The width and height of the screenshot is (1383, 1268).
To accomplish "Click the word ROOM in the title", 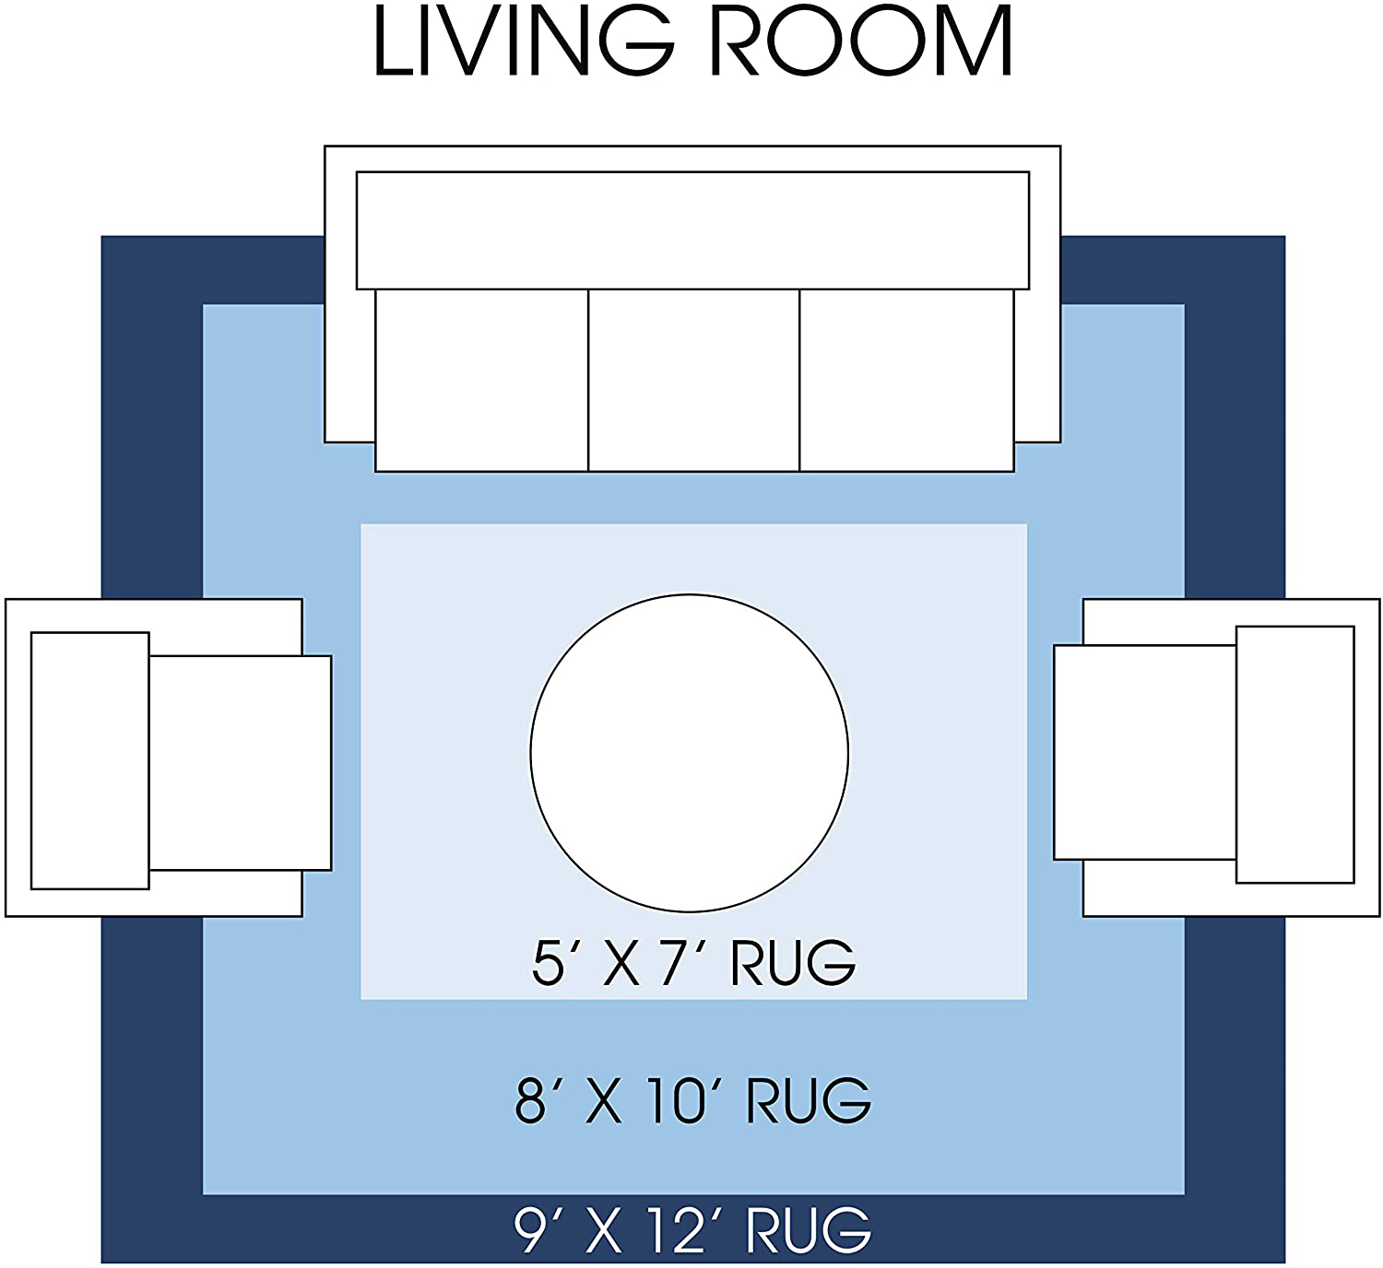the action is pyautogui.click(x=861, y=41).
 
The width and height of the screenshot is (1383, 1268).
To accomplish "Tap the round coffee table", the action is pyautogui.click(x=690, y=753).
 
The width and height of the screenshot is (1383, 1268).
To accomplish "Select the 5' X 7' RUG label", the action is pyautogui.click(x=693, y=963).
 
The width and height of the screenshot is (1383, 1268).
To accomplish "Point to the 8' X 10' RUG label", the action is pyautogui.click(x=692, y=1100).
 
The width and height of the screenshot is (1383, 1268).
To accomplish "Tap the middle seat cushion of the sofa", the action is pyautogui.click(x=693, y=381).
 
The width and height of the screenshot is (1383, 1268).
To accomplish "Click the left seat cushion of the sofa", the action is pyautogui.click(x=481, y=381).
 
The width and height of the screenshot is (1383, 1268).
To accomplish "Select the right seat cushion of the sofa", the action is pyautogui.click(x=906, y=381).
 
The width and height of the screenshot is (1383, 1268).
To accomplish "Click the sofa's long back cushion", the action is pyautogui.click(x=692, y=230).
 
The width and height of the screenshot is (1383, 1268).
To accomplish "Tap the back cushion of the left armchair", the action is pyautogui.click(x=90, y=761).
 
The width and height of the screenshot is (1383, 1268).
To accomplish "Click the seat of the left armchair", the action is pyautogui.click(x=240, y=763).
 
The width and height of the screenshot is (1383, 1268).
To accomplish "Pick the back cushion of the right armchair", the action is pyautogui.click(x=1294, y=755).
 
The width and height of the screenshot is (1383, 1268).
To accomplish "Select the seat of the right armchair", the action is pyautogui.click(x=1144, y=753).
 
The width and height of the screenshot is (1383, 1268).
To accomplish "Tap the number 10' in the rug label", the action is pyautogui.click(x=680, y=1100).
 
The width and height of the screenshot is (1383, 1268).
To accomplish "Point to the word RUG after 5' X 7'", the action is pyautogui.click(x=793, y=963).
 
